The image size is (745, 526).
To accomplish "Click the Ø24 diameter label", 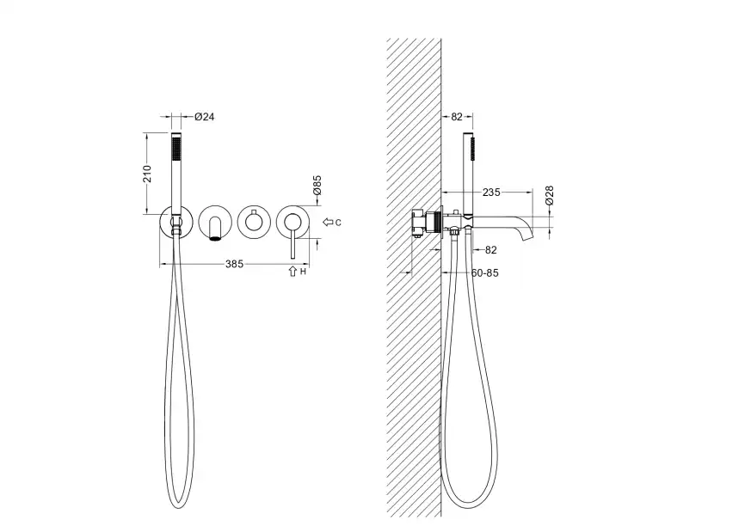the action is [x=204, y=116].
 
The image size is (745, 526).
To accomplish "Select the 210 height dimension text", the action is [x=148, y=174].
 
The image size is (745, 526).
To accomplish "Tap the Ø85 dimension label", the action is [x=317, y=185].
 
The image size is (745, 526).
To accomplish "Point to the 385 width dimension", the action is [x=234, y=264].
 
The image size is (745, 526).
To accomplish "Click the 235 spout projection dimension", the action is [x=491, y=193].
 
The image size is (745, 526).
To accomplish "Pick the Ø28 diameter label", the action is [x=549, y=195].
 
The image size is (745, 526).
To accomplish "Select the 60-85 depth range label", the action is [x=485, y=273].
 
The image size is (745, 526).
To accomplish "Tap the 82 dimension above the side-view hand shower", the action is [x=457, y=116].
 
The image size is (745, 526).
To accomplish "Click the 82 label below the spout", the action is [x=491, y=250].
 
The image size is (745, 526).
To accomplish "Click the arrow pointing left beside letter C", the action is [x=328, y=222].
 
